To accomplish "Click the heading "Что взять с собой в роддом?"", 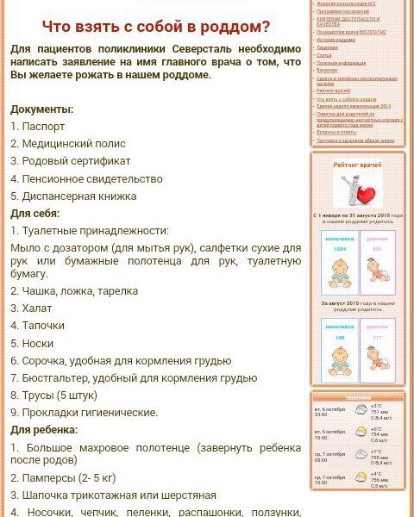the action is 156,27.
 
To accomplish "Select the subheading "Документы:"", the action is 41,109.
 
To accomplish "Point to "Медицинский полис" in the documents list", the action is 73,144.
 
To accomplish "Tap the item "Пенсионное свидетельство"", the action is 91,178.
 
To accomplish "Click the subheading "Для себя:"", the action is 34,213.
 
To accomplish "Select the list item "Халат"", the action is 36,308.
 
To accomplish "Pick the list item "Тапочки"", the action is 43,325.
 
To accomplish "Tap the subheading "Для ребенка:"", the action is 44,429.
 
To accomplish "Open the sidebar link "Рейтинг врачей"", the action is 334,91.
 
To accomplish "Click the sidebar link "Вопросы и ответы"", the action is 336,132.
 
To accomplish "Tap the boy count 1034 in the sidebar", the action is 340,249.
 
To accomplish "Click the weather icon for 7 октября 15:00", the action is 361,477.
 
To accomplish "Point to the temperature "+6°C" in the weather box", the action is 376,429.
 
